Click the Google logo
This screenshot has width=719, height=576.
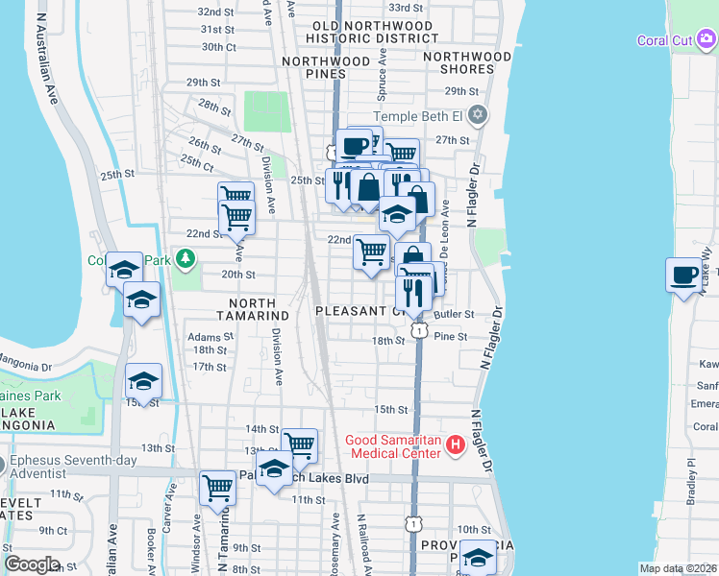point(32,564)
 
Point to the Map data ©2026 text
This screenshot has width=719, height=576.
point(678,568)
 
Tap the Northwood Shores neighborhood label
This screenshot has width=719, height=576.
point(468,63)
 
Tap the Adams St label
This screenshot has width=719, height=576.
point(211,337)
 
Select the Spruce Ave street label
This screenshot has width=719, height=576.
point(383,71)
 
